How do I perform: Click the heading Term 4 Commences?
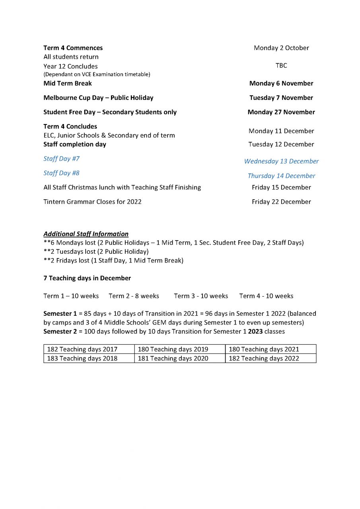73,48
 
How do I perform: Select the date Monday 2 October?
281,48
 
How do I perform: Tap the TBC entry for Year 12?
281,66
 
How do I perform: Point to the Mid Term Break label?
68,83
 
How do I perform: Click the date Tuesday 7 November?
281,97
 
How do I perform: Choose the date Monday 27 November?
281,112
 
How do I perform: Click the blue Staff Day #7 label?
61,159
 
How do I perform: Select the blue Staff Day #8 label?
61,173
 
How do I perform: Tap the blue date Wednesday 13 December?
281,161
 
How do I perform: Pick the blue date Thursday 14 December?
281,176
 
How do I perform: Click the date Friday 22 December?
281,202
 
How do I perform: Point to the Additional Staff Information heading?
86,234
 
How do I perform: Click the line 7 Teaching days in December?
87,278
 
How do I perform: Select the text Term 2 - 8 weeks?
134,296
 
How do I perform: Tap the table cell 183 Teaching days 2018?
82,358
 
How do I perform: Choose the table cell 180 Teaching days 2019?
173,349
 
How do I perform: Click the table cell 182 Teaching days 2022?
264,358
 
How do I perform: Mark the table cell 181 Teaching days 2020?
173,358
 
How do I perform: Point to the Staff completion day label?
75,144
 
